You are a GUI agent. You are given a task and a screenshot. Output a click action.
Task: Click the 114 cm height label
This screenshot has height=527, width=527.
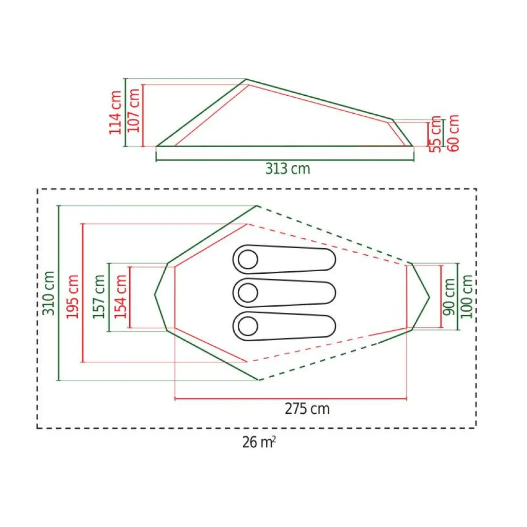point(116,112)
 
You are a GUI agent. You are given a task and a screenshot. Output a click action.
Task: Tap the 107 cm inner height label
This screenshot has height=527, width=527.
point(134,110)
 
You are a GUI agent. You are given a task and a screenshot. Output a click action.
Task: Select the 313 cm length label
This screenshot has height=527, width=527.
point(288,169)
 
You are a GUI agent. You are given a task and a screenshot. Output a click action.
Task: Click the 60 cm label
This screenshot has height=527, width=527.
point(453,132)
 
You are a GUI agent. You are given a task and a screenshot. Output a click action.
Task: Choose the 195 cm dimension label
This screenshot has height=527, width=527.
point(73,296)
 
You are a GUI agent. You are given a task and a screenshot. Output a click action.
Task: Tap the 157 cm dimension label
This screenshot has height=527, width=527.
point(99,296)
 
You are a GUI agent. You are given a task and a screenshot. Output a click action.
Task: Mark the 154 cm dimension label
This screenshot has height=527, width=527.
point(121,296)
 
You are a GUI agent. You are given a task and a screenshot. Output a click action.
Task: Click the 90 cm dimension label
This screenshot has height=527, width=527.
point(449,297)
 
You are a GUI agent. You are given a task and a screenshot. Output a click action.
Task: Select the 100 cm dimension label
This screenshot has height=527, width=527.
point(467,296)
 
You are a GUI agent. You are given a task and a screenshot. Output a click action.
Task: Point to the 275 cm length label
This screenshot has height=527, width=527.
point(307,409)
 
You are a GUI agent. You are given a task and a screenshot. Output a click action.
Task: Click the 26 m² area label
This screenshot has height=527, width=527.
point(259,442)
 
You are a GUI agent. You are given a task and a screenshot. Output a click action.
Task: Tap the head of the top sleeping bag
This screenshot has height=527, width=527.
point(248,260)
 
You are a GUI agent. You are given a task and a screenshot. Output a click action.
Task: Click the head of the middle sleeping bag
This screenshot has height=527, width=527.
point(248,293)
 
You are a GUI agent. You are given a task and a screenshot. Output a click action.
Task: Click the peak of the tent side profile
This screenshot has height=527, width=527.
point(247,80)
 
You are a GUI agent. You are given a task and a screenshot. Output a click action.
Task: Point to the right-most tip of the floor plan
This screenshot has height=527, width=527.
point(429,297)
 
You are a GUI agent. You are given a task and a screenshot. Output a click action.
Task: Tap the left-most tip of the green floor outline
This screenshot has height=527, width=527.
point(155,294)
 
